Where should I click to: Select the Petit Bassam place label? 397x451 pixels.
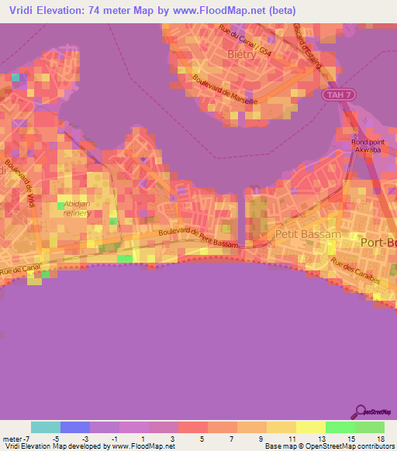(302, 232)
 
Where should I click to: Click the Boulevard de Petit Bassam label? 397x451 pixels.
(202, 238)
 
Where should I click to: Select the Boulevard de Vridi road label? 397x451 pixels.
(19, 184)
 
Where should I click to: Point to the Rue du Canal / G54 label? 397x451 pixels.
(243, 41)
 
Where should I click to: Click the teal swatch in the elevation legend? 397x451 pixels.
(46, 427)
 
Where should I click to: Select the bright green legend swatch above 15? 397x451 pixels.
(340, 427)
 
